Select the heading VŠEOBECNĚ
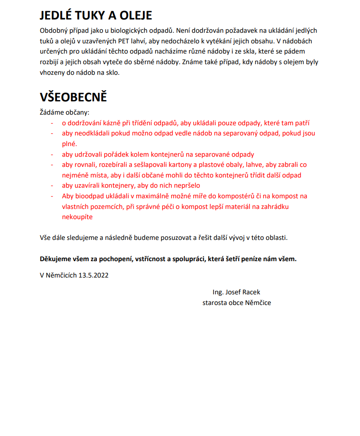73,97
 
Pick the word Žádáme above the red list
51,112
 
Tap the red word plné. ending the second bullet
69,144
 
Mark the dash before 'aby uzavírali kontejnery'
52,185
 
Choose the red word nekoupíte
77,217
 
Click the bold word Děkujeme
55,259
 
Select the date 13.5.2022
93,275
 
